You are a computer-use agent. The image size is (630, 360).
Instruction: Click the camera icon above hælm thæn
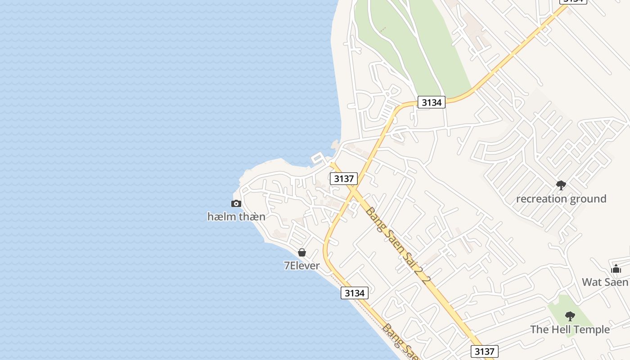coord(236,204)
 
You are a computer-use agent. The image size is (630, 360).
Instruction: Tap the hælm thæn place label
coord(236,216)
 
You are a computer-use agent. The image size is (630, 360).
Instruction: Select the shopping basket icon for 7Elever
coord(302,253)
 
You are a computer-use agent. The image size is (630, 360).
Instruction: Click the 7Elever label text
coord(302,265)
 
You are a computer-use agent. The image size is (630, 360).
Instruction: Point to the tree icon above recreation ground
coord(561,185)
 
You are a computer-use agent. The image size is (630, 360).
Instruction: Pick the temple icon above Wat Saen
coord(616,269)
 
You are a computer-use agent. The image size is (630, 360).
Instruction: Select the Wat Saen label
coord(605,282)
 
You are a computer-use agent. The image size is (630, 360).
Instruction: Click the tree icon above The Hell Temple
coord(570,316)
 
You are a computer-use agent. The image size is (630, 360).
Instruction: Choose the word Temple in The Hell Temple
coord(591,329)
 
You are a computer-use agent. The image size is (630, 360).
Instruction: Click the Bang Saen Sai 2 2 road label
coord(398,245)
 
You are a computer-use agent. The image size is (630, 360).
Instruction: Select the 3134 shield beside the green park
coord(431,102)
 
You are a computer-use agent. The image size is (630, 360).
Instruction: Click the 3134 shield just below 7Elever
coord(354,293)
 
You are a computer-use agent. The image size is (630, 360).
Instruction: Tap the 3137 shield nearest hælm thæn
coord(344,179)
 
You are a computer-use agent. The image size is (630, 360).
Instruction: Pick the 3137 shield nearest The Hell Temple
coord(485,351)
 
